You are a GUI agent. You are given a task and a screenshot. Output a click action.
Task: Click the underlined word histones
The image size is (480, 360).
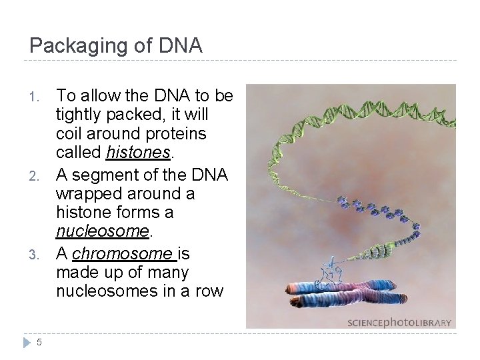pos(138,153)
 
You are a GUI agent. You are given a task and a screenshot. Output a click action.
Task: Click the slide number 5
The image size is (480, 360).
pos(39,342)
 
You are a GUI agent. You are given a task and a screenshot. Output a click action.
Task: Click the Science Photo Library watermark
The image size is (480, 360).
pos(399,323)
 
